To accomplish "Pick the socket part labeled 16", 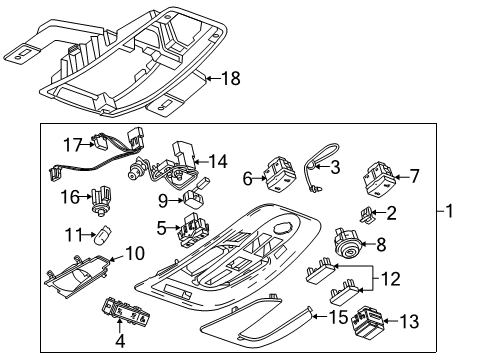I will pyautogui.click(x=99, y=202).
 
